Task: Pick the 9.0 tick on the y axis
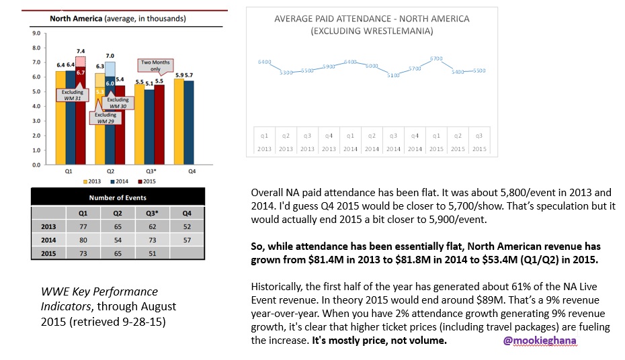point(36,33)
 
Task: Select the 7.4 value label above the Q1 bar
point(80,51)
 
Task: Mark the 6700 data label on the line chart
point(436,58)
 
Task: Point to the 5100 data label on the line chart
point(394,75)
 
